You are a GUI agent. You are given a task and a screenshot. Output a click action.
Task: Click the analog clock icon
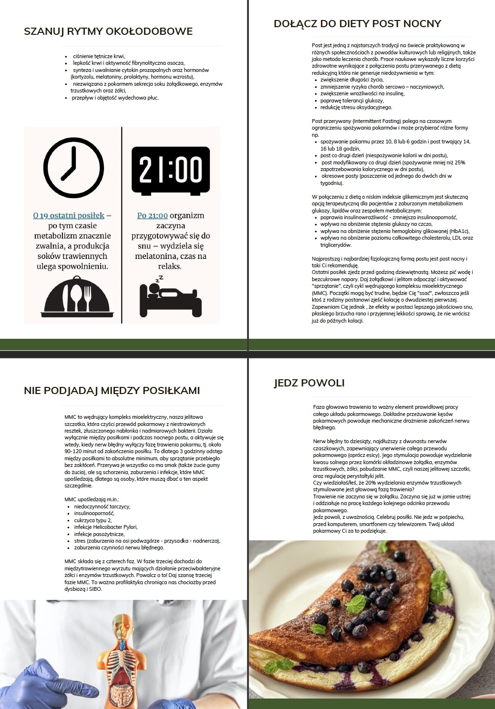click(x=73, y=168)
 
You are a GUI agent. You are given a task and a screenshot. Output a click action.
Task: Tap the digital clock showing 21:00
click(x=171, y=170)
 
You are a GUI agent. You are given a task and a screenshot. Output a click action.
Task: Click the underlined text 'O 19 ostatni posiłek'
click(x=69, y=216)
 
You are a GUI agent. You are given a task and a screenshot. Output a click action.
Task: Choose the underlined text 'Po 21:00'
click(x=153, y=216)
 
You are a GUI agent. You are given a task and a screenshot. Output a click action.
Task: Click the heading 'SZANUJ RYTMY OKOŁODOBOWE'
click(x=108, y=32)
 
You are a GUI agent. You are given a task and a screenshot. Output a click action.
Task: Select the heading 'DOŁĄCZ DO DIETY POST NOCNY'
click(x=357, y=24)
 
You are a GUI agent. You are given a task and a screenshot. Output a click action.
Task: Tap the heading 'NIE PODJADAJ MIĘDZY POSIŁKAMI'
click(x=112, y=391)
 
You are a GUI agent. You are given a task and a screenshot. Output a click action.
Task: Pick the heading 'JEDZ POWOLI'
click(x=309, y=383)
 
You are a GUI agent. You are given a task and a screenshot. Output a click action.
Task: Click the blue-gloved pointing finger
click(x=72, y=686)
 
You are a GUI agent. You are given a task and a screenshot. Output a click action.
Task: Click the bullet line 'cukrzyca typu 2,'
click(x=93, y=520)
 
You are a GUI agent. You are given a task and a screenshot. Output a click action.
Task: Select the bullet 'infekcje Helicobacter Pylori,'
click(x=106, y=527)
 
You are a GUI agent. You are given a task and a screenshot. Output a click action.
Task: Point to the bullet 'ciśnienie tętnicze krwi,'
click(x=99, y=56)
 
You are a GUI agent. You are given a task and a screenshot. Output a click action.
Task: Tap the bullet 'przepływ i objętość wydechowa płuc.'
click(x=115, y=98)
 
